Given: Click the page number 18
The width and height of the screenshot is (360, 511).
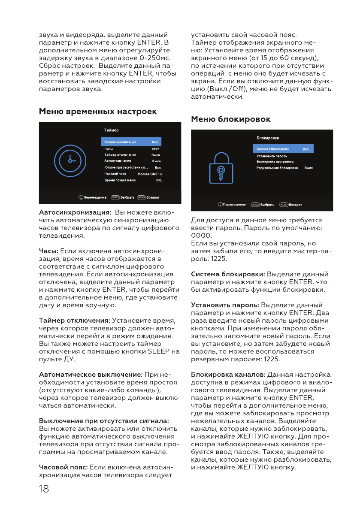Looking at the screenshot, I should tap(44, 488).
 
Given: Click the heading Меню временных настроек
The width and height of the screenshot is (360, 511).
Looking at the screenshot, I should tap(98, 112).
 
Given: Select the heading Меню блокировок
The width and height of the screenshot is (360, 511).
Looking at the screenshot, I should tap(231, 119).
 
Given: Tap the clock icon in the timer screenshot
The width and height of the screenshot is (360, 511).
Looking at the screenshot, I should tap(70, 161).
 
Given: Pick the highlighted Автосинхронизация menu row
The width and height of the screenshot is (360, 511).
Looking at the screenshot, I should tap(131, 142).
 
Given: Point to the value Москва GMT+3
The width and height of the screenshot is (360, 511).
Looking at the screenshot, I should tap(149, 174).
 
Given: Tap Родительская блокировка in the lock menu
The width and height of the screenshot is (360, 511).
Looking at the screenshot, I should tap(277, 168).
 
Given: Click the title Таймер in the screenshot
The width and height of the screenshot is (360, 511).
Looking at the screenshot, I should tap(111, 130).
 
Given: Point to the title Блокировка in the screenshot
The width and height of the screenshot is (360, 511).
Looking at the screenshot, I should tap(268, 138).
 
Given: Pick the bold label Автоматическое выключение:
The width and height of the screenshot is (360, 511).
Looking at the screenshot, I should tap(91, 375).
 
